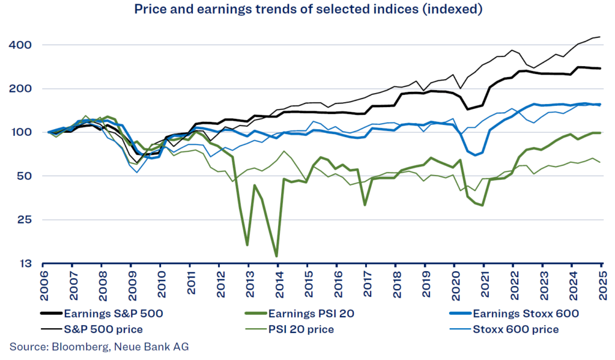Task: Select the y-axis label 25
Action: pyautogui.click(x=24, y=220)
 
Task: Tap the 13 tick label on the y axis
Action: pyautogui.click(x=24, y=264)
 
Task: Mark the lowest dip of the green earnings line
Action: pyautogui.click(x=276, y=256)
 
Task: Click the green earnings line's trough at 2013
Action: pyautogui.click(x=247, y=245)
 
